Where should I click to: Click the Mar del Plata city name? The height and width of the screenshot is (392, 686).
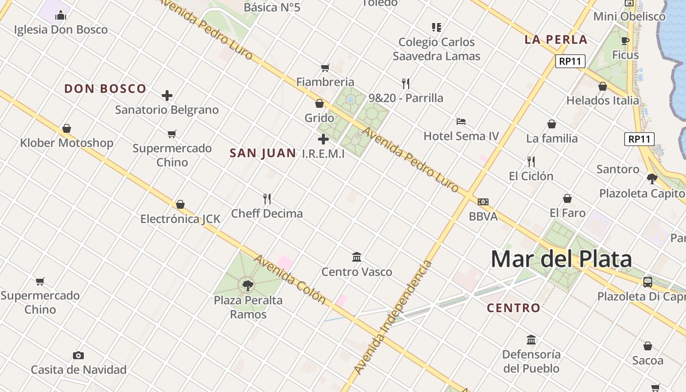[x=561, y=259]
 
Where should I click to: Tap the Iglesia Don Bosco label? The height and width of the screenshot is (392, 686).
[x=61, y=29]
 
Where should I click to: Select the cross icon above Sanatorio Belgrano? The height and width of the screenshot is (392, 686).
[x=167, y=96]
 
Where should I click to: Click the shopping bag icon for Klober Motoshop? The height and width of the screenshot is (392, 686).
[x=67, y=129]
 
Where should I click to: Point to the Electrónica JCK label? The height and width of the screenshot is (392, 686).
[x=180, y=219]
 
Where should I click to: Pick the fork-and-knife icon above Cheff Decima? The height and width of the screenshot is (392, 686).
[x=267, y=199]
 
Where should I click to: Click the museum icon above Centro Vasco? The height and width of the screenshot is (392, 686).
[x=357, y=257]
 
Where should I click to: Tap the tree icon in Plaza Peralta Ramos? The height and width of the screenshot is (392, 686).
[x=248, y=285]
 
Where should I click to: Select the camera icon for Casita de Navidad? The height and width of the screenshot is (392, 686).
[x=78, y=355]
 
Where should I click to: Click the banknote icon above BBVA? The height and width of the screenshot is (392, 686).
[x=483, y=202]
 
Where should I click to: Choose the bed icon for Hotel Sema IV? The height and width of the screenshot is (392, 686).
[x=461, y=122]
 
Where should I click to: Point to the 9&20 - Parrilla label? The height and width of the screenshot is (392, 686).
[x=406, y=98]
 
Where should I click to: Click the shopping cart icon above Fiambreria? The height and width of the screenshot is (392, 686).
[x=325, y=68]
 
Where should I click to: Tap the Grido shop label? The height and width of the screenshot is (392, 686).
[x=319, y=118]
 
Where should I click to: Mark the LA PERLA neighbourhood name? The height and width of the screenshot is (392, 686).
[x=556, y=40]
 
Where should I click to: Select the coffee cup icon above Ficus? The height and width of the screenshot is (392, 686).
[x=625, y=41]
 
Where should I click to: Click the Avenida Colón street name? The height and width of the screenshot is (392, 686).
[x=290, y=278]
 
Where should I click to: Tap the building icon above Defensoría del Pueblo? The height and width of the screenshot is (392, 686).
[x=531, y=340]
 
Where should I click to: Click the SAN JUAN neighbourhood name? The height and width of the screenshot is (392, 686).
[x=263, y=153]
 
